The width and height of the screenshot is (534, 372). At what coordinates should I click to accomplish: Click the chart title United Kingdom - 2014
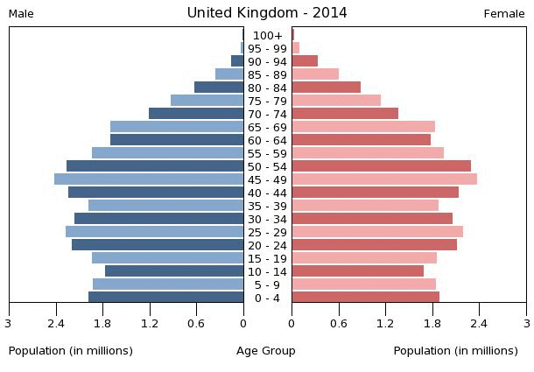coord(267,12)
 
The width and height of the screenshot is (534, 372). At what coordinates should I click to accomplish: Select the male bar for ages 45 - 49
coord(149,179)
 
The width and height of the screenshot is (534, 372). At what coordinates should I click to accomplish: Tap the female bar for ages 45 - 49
coord(384,179)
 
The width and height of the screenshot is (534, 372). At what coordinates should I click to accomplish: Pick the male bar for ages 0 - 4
coord(166,297)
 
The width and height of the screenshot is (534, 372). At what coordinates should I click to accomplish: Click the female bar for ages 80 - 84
coord(327,88)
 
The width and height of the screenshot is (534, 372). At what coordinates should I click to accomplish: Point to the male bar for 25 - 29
coord(155,232)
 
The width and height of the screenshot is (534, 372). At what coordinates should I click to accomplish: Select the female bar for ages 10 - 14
coord(358,271)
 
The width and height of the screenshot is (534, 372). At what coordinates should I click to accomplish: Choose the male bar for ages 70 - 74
coord(196,114)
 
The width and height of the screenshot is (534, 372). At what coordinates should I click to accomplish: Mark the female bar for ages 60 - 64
coord(362,140)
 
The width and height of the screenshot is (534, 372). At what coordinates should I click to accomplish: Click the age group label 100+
coord(267,35)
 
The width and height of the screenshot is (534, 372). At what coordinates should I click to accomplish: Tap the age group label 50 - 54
coord(267,166)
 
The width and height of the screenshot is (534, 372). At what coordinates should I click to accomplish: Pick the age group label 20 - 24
coord(267,245)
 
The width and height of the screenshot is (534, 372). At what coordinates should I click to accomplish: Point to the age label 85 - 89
coord(267,74)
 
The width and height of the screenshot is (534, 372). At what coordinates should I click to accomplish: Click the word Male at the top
coord(21,13)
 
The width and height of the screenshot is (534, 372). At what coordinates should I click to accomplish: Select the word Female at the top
coord(504,13)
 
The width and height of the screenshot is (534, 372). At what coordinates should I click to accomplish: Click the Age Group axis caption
coord(266,351)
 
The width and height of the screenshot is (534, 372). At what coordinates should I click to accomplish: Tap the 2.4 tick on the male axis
coord(57,322)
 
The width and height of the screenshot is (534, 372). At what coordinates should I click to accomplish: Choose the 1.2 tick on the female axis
coord(385,322)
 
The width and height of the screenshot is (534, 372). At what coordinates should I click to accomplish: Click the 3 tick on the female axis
coord(525,322)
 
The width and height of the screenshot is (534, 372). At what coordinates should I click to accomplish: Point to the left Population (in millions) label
coord(71,351)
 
